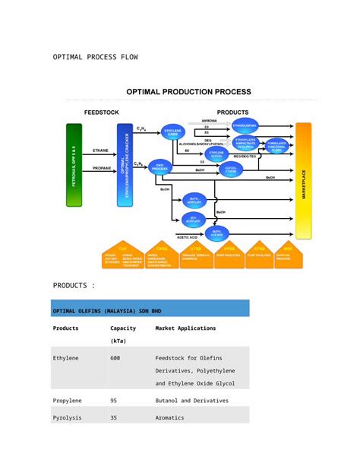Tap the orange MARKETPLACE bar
tap(304, 182)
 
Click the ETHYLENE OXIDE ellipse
tap(172, 133)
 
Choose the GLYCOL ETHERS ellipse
tap(231, 170)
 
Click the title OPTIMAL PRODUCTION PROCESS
tap(188, 92)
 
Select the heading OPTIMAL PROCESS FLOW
tap(95, 57)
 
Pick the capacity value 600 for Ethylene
tap(115, 357)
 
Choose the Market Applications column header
tap(185, 328)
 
